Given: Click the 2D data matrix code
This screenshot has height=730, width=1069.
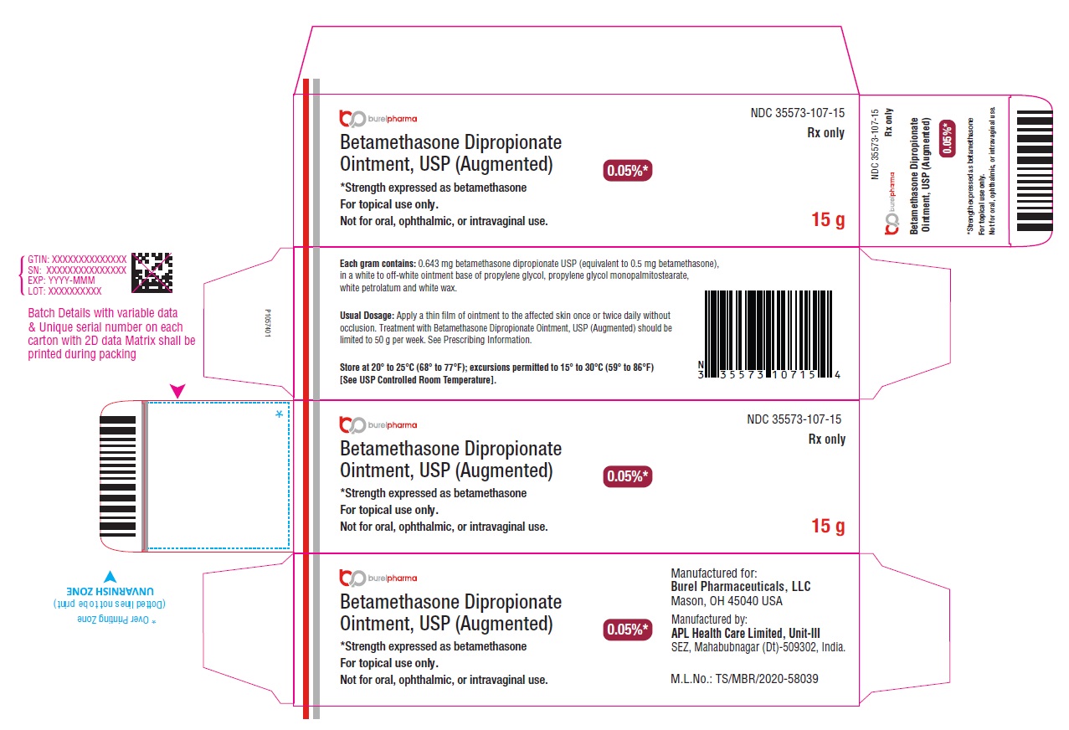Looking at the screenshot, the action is [152, 272].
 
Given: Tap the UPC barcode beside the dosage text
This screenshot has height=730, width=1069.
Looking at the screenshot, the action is [768, 335].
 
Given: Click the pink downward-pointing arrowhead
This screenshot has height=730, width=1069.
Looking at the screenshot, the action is [177, 391].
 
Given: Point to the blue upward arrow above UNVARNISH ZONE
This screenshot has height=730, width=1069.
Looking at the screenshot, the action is [110, 576].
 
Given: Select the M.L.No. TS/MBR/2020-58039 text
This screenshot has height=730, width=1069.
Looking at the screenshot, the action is [744, 678].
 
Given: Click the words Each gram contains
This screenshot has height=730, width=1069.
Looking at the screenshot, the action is [378, 264].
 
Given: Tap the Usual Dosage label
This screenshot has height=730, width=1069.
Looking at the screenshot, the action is [367, 316].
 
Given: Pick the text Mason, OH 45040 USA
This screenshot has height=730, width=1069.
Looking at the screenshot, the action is [727, 601].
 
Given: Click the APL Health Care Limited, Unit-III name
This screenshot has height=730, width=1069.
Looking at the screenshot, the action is [745, 633].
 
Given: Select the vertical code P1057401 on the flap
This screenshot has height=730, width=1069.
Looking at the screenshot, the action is [268, 323].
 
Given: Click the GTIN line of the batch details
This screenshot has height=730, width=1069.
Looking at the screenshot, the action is [77, 259].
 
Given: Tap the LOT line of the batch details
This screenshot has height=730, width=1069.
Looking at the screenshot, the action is [64, 291].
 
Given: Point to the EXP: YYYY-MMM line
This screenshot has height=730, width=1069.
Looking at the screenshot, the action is [61, 280].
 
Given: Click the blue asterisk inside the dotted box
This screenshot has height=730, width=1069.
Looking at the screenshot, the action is [280, 414].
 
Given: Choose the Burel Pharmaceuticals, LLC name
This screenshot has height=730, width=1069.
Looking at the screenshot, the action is [741, 586].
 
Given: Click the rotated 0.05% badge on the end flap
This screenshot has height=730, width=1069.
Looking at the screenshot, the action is [948, 138].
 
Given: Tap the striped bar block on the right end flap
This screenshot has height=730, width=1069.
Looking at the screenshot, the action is [1034, 171].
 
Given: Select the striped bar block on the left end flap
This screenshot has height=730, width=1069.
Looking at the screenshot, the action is [117, 476].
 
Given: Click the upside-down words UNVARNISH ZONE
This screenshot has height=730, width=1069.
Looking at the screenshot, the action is [110, 592].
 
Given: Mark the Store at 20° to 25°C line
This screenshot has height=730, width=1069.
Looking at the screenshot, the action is [496, 368].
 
